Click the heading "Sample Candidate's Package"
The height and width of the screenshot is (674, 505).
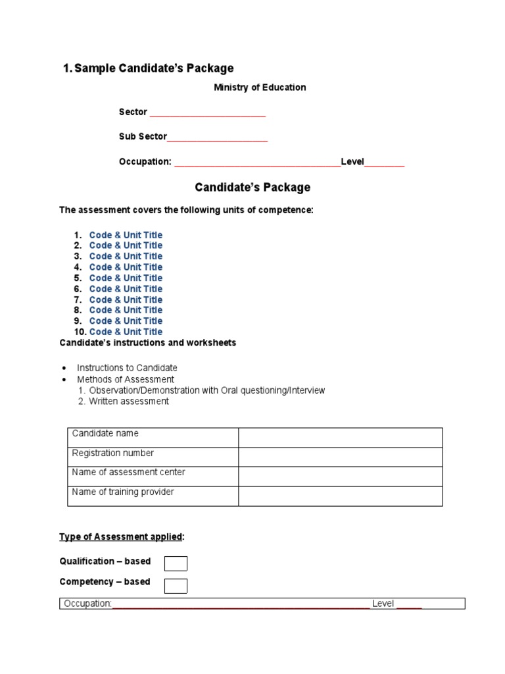154,68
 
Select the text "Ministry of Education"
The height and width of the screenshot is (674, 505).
260,88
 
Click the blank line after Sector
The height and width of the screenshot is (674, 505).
208,113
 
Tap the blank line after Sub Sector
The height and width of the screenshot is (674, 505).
218,138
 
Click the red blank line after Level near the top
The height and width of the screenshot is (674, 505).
385,163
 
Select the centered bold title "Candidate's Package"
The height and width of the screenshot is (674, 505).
252,188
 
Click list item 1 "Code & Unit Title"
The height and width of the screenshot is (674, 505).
126,235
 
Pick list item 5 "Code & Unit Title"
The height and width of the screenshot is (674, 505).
126,278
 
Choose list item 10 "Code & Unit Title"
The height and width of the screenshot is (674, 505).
126,332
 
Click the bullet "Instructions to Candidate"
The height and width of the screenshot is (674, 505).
127,368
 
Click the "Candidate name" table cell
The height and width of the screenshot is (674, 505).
153,438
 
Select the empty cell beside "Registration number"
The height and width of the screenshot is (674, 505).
340,457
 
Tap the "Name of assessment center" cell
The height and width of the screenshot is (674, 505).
153,477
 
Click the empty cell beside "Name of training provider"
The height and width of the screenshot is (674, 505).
340,496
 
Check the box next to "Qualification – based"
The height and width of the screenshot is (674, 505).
176,563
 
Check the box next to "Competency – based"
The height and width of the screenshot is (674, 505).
176,586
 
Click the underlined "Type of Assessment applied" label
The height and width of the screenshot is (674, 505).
121,537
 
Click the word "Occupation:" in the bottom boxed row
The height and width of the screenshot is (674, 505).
87,604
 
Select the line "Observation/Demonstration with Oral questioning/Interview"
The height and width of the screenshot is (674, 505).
207,390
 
